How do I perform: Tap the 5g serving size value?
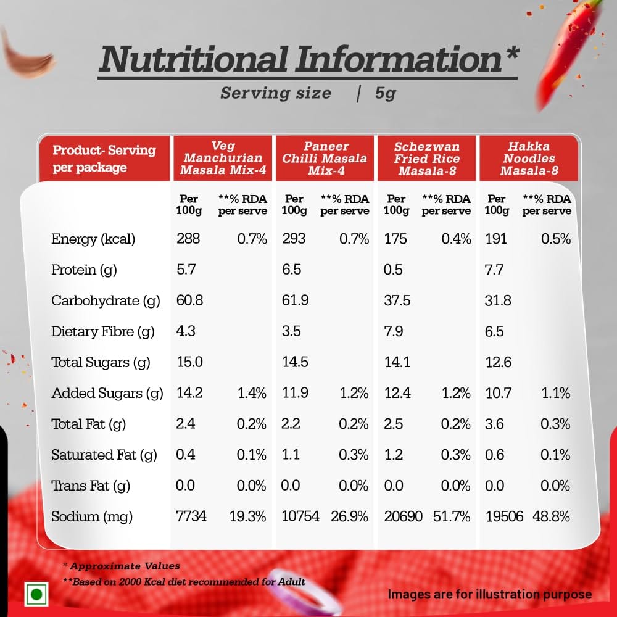tap(385, 94)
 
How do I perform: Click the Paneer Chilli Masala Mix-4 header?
tap(325, 158)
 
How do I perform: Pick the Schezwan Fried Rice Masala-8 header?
tap(427, 158)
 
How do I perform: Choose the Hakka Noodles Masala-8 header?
tap(529, 158)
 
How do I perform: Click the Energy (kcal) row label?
tap(93, 239)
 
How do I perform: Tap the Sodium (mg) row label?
tap(92, 516)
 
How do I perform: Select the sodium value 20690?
tap(403, 516)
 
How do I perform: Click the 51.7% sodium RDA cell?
tap(452, 516)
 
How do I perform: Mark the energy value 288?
tap(188, 239)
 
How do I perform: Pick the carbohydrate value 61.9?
tap(296, 300)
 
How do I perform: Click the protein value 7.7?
tap(495, 270)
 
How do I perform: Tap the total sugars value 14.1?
tap(397, 362)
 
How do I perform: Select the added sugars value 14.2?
tap(190, 393)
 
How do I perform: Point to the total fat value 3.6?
tap(495, 424)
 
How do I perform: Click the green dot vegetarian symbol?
tap(36, 594)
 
